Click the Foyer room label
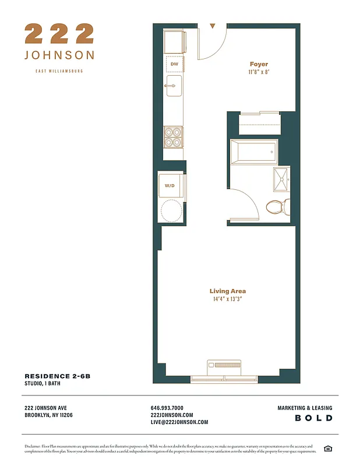[259, 64]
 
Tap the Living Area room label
[228, 291]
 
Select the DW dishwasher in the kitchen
[174, 64]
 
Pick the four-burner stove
[173, 136]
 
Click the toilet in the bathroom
[276, 206]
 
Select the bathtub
[254, 151]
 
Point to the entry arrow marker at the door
[213, 26]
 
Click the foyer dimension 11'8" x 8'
[259, 72]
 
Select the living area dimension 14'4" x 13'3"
[228, 299]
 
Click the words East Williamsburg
[59, 71]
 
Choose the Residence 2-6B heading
[57, 376]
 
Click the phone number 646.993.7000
[167, 408]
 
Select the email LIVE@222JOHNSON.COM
[179, 422]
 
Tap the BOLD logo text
[314, 418]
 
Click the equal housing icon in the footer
[327, 448]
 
